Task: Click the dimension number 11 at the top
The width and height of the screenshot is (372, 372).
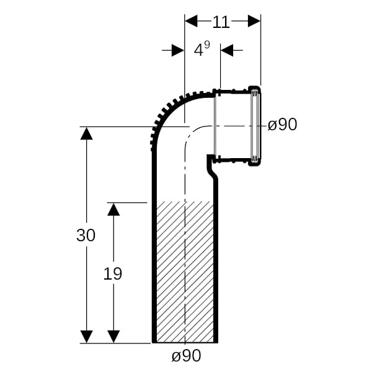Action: [x=221, y=22]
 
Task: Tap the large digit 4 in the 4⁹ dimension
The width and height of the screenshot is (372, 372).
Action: [x=198, y=50]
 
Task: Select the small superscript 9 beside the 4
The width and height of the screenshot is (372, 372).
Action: [x=207, y=45]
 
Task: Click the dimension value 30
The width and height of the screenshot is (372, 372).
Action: [x=86, y=235]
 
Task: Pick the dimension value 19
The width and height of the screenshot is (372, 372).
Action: [x=113, y=273]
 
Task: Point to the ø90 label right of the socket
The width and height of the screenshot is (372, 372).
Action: [x=282, y=125]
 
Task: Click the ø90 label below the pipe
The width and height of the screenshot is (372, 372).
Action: [x=186, y=356]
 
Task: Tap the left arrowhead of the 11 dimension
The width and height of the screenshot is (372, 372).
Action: [x=191, y=21]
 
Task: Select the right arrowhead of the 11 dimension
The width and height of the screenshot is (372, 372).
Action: [x=254, y=21]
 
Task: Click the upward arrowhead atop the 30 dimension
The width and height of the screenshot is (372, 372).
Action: [x=86, y=133]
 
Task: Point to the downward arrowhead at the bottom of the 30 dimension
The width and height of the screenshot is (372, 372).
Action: [x=86, y=337]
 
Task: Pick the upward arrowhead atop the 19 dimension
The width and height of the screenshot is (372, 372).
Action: [x=113, y=210]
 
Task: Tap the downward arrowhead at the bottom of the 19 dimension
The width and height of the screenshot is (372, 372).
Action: [x=113, y=337]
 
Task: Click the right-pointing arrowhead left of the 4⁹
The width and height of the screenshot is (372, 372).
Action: [x=178, y=50]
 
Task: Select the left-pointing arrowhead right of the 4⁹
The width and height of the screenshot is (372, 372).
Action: [x=227, y=50]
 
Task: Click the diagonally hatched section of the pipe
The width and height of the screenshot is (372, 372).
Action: [x=185, y=272]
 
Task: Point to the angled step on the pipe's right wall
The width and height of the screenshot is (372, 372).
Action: [x=213, y=169]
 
